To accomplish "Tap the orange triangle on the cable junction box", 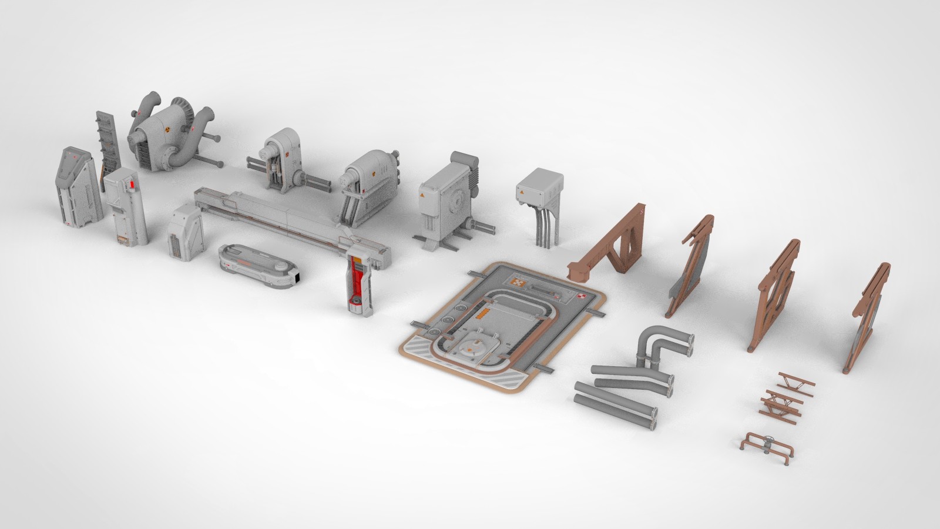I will point(521,192).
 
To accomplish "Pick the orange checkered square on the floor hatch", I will point(518,283).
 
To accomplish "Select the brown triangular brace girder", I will point(611,245).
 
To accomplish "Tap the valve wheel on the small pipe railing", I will point(768,441).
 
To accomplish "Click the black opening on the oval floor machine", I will point(297,277).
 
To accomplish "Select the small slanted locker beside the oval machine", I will point(186,232).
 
